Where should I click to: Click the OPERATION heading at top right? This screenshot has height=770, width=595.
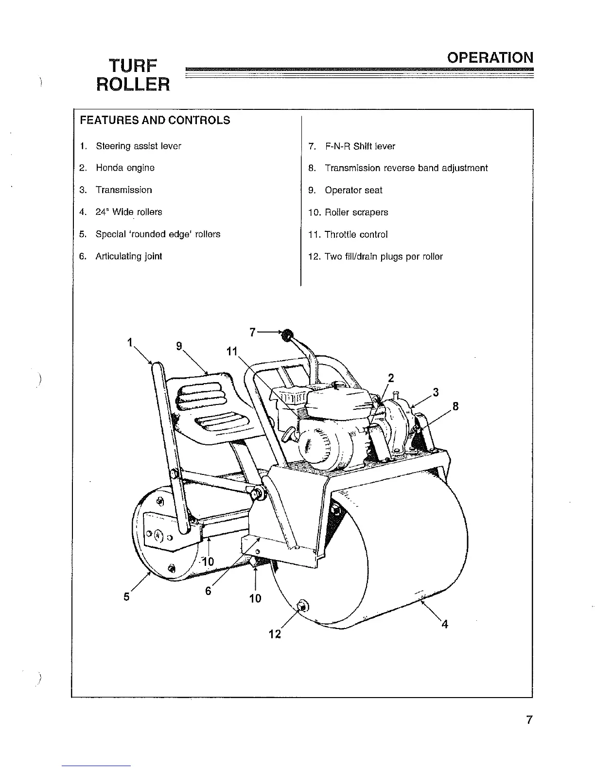[x=490, y=58]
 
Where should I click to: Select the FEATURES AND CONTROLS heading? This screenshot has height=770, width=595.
[x=155, y=120]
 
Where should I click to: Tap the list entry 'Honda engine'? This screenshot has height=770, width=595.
[x=125, y=168]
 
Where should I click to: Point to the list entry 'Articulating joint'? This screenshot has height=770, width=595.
[x=128, y=256]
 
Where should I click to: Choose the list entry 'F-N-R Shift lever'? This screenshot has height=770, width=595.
[x=360, y=146]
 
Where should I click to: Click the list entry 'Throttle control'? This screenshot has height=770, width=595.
[x=356, y=234]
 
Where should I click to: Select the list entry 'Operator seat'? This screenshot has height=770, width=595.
[x=353, y=190]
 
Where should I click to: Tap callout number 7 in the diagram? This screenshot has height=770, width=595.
[x=252, y=332]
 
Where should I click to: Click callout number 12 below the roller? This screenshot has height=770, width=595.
[x=275, y=634]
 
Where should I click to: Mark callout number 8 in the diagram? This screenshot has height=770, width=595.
[x=455, y=406]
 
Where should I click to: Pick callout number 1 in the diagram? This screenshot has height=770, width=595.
[x=130, y=342]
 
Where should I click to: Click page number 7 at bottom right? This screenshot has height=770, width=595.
[x=529, y=720]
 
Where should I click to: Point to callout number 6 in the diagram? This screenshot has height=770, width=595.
[x=208, y=591]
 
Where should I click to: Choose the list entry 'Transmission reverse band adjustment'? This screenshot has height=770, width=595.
[x=406, y=168]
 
